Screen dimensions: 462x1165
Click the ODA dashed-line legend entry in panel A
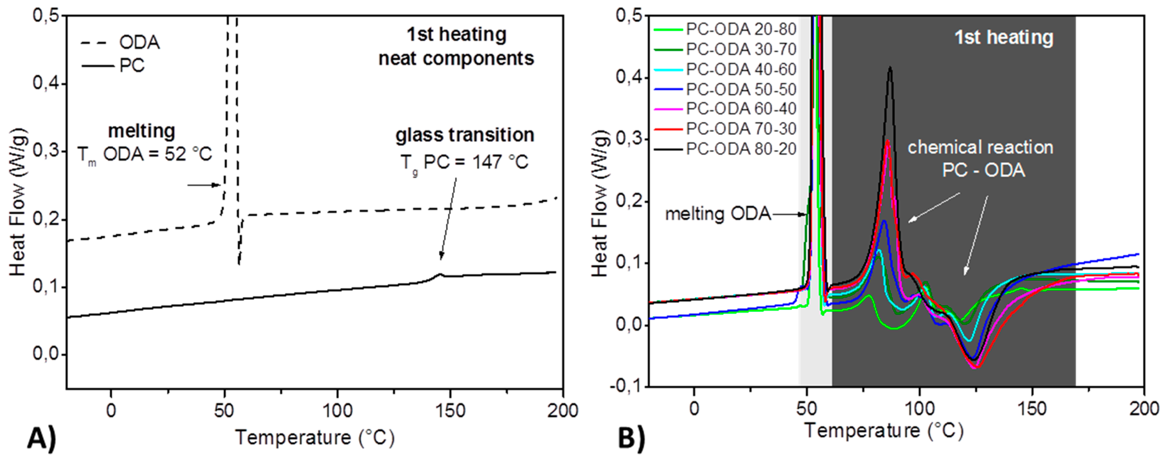click(x=120, y=43)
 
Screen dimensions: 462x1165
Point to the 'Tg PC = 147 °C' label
click(x=465, y=162)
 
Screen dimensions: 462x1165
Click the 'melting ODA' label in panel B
click(x=718, y=214)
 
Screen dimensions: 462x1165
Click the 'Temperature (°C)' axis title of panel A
click(x=315, y=438)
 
